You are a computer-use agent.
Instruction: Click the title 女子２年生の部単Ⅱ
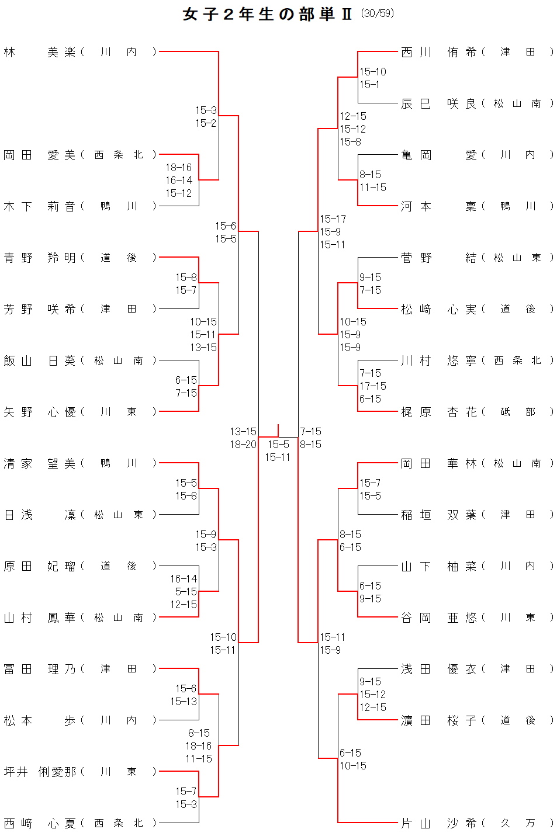(x=268, y=14)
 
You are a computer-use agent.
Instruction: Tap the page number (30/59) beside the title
(x=378, y=13)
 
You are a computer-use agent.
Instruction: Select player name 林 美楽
(x=40, y=52)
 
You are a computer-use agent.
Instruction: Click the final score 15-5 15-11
(x=278, y=451)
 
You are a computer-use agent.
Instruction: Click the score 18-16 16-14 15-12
(x=178, y=181)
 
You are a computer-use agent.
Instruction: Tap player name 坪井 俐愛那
(x=40, y=772)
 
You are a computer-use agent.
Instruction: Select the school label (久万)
(x=517, y=823)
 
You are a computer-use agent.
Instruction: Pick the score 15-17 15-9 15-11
(x=333, y=232)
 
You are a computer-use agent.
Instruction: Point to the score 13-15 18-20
(x=243, y=438)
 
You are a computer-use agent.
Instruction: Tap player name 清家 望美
(x=40, y=463)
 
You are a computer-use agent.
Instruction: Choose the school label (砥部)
(x=517, y=412)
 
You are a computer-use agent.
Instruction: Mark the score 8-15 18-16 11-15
(x=198, y=746)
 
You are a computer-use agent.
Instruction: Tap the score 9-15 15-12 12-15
(x=372, y=695)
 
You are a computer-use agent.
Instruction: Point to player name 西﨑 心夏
(x=40, y=823)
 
